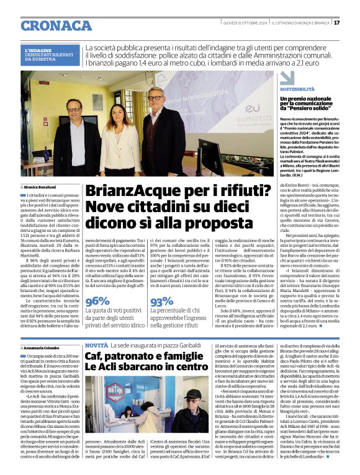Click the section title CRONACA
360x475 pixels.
(50, 26)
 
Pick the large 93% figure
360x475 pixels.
(162, 301)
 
